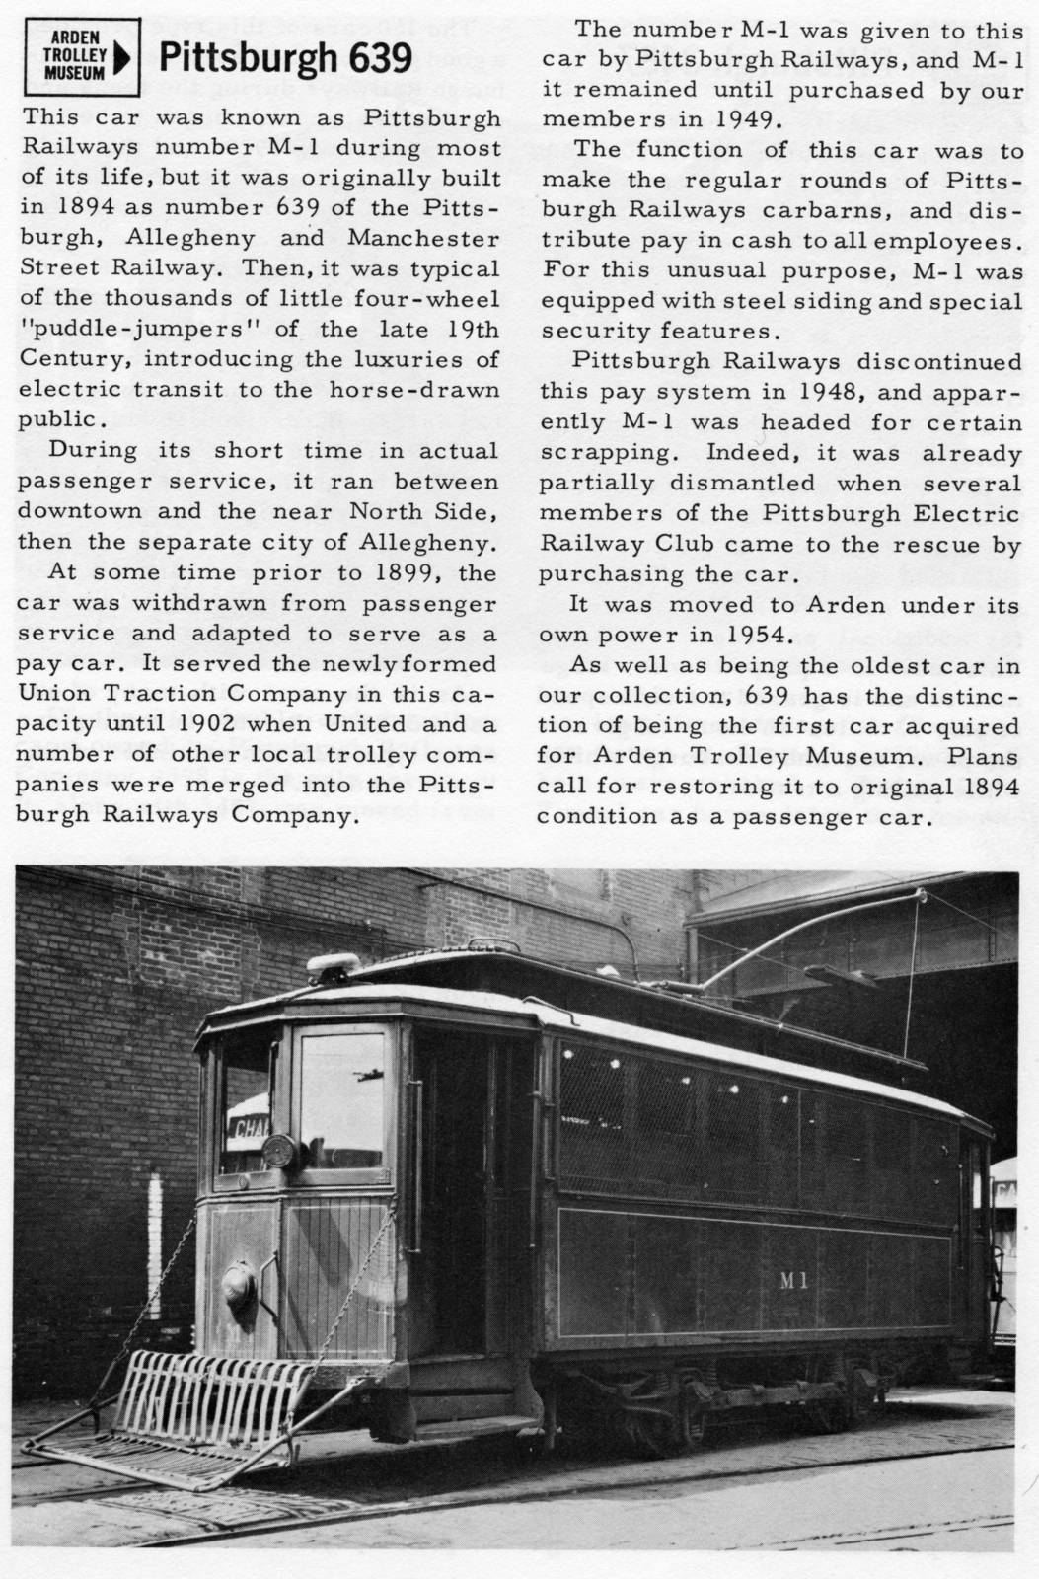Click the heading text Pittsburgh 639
click(x=284, y=59)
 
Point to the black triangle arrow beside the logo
click(x=121, y=59)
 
